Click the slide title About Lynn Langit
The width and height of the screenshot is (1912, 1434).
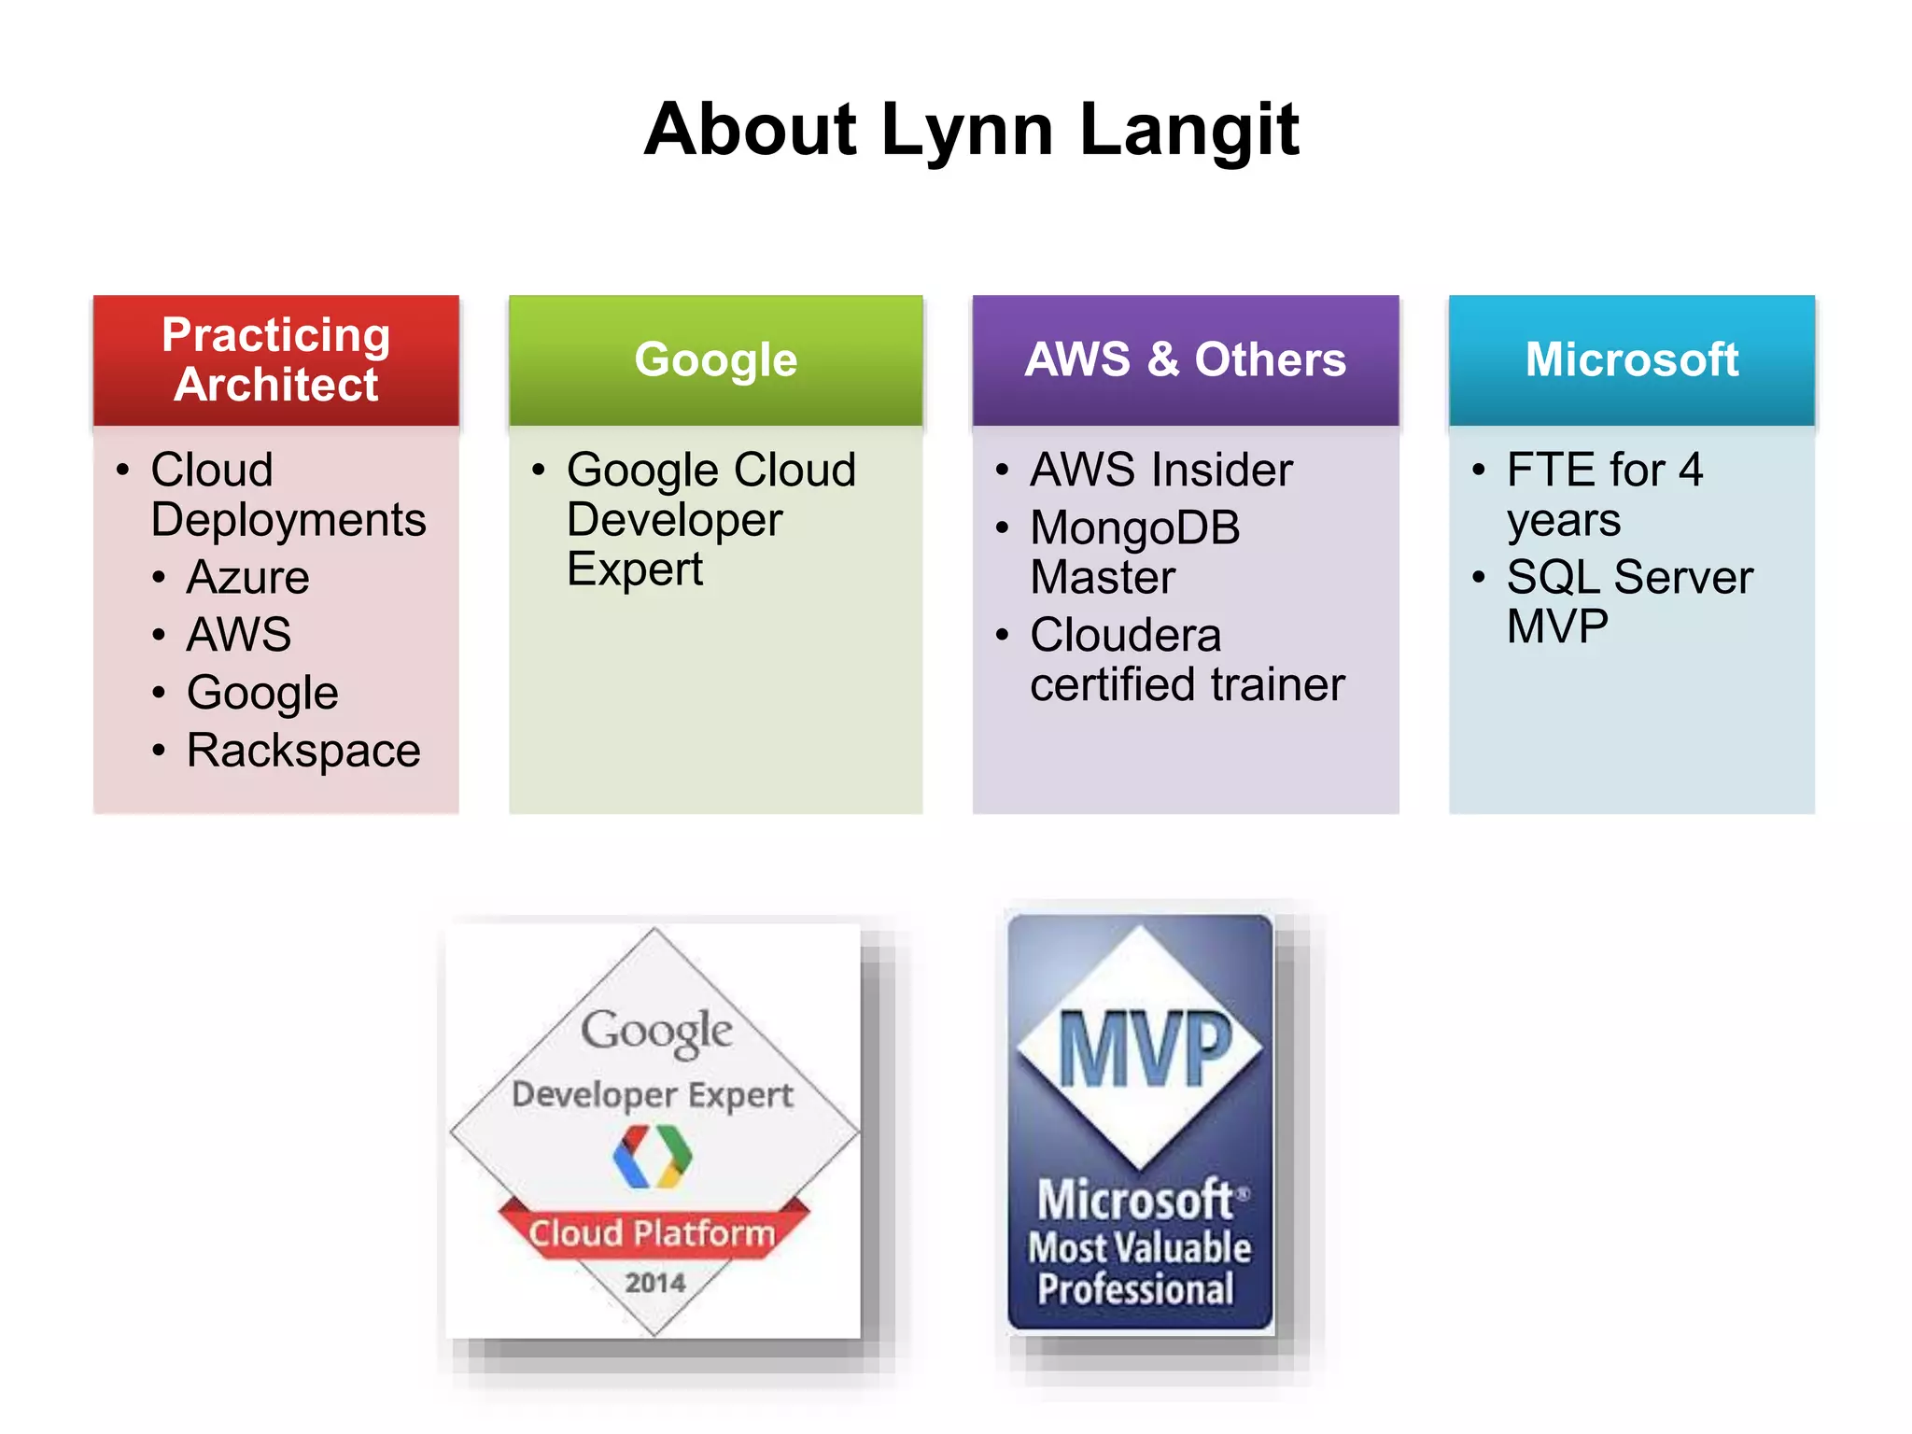pyautogui.click(x=971, y=130)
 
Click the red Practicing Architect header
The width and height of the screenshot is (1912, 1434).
pyautogui.click(x=276, y=360)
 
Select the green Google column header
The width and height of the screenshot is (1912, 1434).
pyautogui.click(x=716, y=360)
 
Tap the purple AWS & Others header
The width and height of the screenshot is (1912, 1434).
pyautogui.click(x=1185, y=360)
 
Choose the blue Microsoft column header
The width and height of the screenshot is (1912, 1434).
pyautogui.click(x=1631, y=360)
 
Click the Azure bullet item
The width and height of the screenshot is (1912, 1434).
pyautogui.click(x=247, y=577)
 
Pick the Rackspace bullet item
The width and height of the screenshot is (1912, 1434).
pyautogui.click(x=303, y=751)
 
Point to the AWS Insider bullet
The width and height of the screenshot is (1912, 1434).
pyautogui.click(x=1160, y=470)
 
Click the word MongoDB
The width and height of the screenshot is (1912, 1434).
pyautogui.click(x=1134, y=528)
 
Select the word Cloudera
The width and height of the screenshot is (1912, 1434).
pyautogui.click(x=1125, y=636)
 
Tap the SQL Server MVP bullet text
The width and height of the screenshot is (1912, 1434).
pyautogui.click(x=1629, y=601)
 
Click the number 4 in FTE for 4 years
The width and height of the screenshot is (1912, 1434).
pyautogui.click(x=1691, y=470)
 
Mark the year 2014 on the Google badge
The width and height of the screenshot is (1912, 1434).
pyautogui.click(x=654, y=1283)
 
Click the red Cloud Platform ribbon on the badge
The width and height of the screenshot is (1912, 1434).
pyautogui.click(x=653, y=1233)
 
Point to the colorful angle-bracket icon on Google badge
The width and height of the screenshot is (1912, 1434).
pyautogui.click(x=653, y=1156)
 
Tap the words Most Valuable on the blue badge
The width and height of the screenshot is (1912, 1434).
pyautogui.click(x=1139, y=1248)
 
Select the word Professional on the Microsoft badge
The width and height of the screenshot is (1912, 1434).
pyautogui.click(x=1135, y=1289)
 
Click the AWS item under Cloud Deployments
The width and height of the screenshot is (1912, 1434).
pyautogui.click(x=239, y=635)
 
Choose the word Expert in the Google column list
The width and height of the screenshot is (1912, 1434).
pyautogui.click(x=635, y=569)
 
